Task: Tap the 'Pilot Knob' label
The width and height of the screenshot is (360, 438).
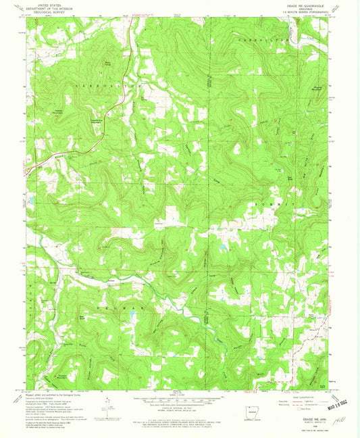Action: coord(106,65)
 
